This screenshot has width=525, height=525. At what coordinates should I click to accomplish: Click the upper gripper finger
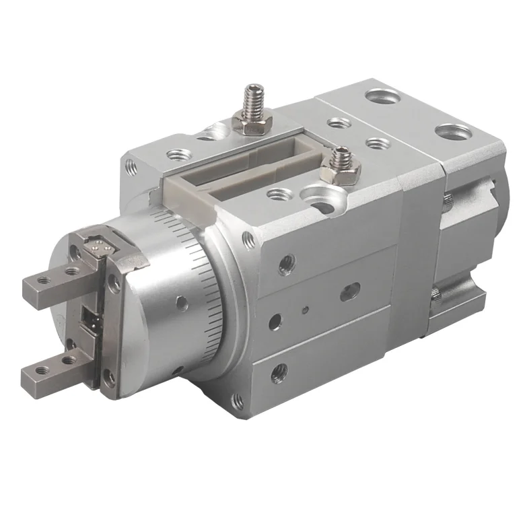[x=61, y=283]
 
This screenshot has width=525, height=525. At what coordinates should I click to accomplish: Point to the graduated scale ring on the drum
[x=202, y=283]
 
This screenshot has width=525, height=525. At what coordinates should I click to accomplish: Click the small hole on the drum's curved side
[x=181, y=302]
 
